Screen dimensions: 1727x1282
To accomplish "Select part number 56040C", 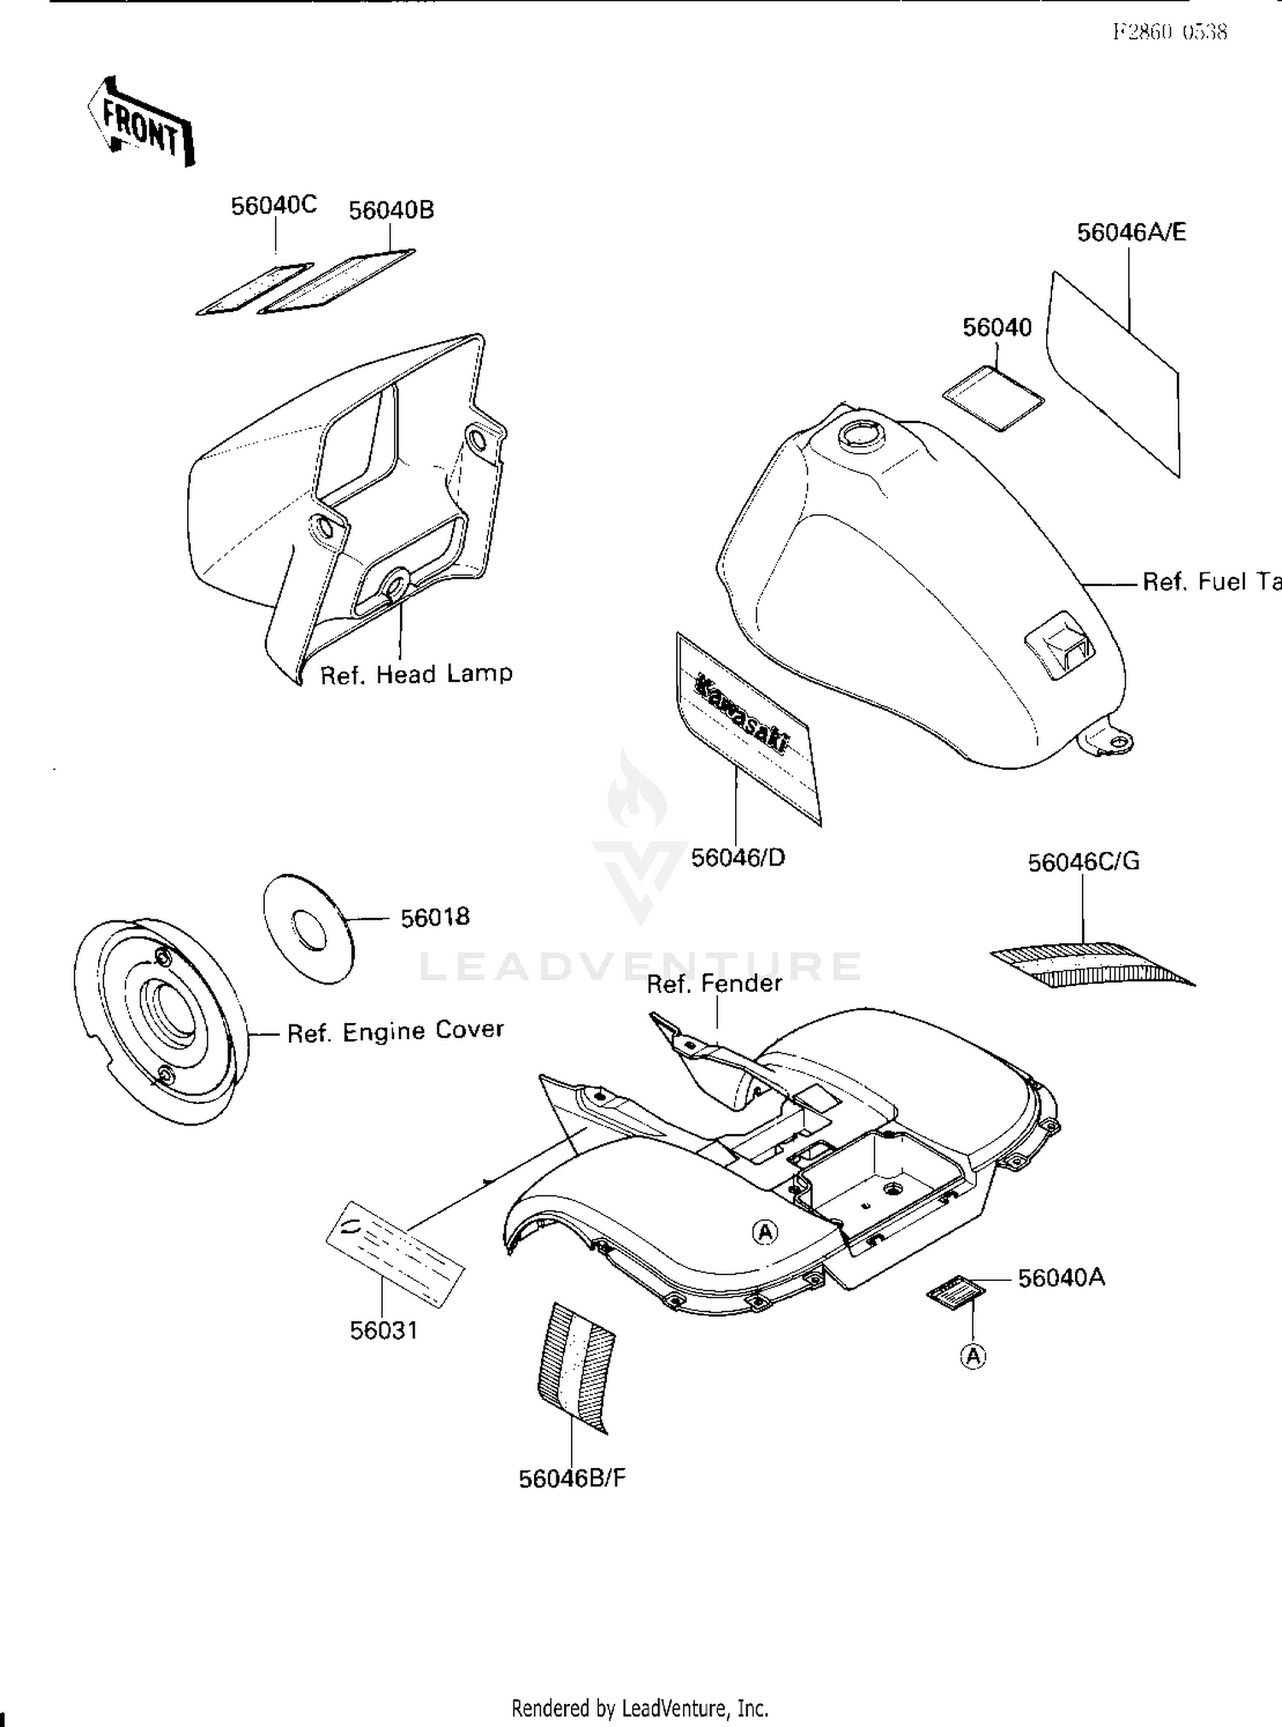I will click(273, 206).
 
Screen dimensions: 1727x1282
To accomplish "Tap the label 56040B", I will click(391, 210).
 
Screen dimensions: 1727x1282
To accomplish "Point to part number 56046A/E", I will click(1131, 232).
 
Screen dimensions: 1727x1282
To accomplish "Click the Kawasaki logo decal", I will click(742, 714).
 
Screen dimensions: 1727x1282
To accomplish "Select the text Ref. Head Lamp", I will click(416, 674).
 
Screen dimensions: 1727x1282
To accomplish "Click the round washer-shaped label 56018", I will click(309, 928).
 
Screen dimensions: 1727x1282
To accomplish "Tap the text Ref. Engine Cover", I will click(395, 1031).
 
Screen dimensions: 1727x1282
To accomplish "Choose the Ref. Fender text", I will click(715, 984).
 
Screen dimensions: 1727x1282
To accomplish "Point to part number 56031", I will click(384, 1330).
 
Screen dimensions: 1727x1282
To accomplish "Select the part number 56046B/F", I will click(572, 1479).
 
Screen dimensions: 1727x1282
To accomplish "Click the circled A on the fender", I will click(765, 1231).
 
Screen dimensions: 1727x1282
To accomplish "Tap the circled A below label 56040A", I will click(973, 1356).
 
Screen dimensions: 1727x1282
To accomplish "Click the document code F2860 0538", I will click(1170, 32).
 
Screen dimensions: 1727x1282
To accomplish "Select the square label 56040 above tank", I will click(993, 398).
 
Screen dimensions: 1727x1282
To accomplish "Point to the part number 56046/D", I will click(738, 857).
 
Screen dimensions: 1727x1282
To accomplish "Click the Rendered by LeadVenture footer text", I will click(639, 1708).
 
